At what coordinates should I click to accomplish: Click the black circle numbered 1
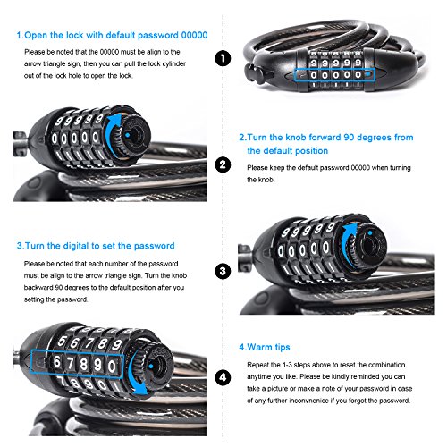[x=223, y=58]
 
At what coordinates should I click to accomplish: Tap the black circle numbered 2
[x=223, y=164]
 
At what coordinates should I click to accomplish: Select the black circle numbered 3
[x=223, y=272]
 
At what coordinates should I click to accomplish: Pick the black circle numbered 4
[x=223, y=378]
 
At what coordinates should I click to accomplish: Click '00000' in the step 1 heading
[x=195, y=35]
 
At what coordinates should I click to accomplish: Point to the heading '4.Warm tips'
[x=265, y=348]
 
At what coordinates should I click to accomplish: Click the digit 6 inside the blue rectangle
[x=56, y=362]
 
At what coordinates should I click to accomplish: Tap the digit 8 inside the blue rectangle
[x=84, y=364]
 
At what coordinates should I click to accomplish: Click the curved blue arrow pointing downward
[x=138, y=373]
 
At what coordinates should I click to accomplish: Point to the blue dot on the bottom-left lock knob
[x=151, y=366]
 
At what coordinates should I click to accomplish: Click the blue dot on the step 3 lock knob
[x=370, y=232]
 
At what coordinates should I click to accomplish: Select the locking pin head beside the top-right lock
[x=252, y=73]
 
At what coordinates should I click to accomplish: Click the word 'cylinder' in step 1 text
[x=174, y=63]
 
